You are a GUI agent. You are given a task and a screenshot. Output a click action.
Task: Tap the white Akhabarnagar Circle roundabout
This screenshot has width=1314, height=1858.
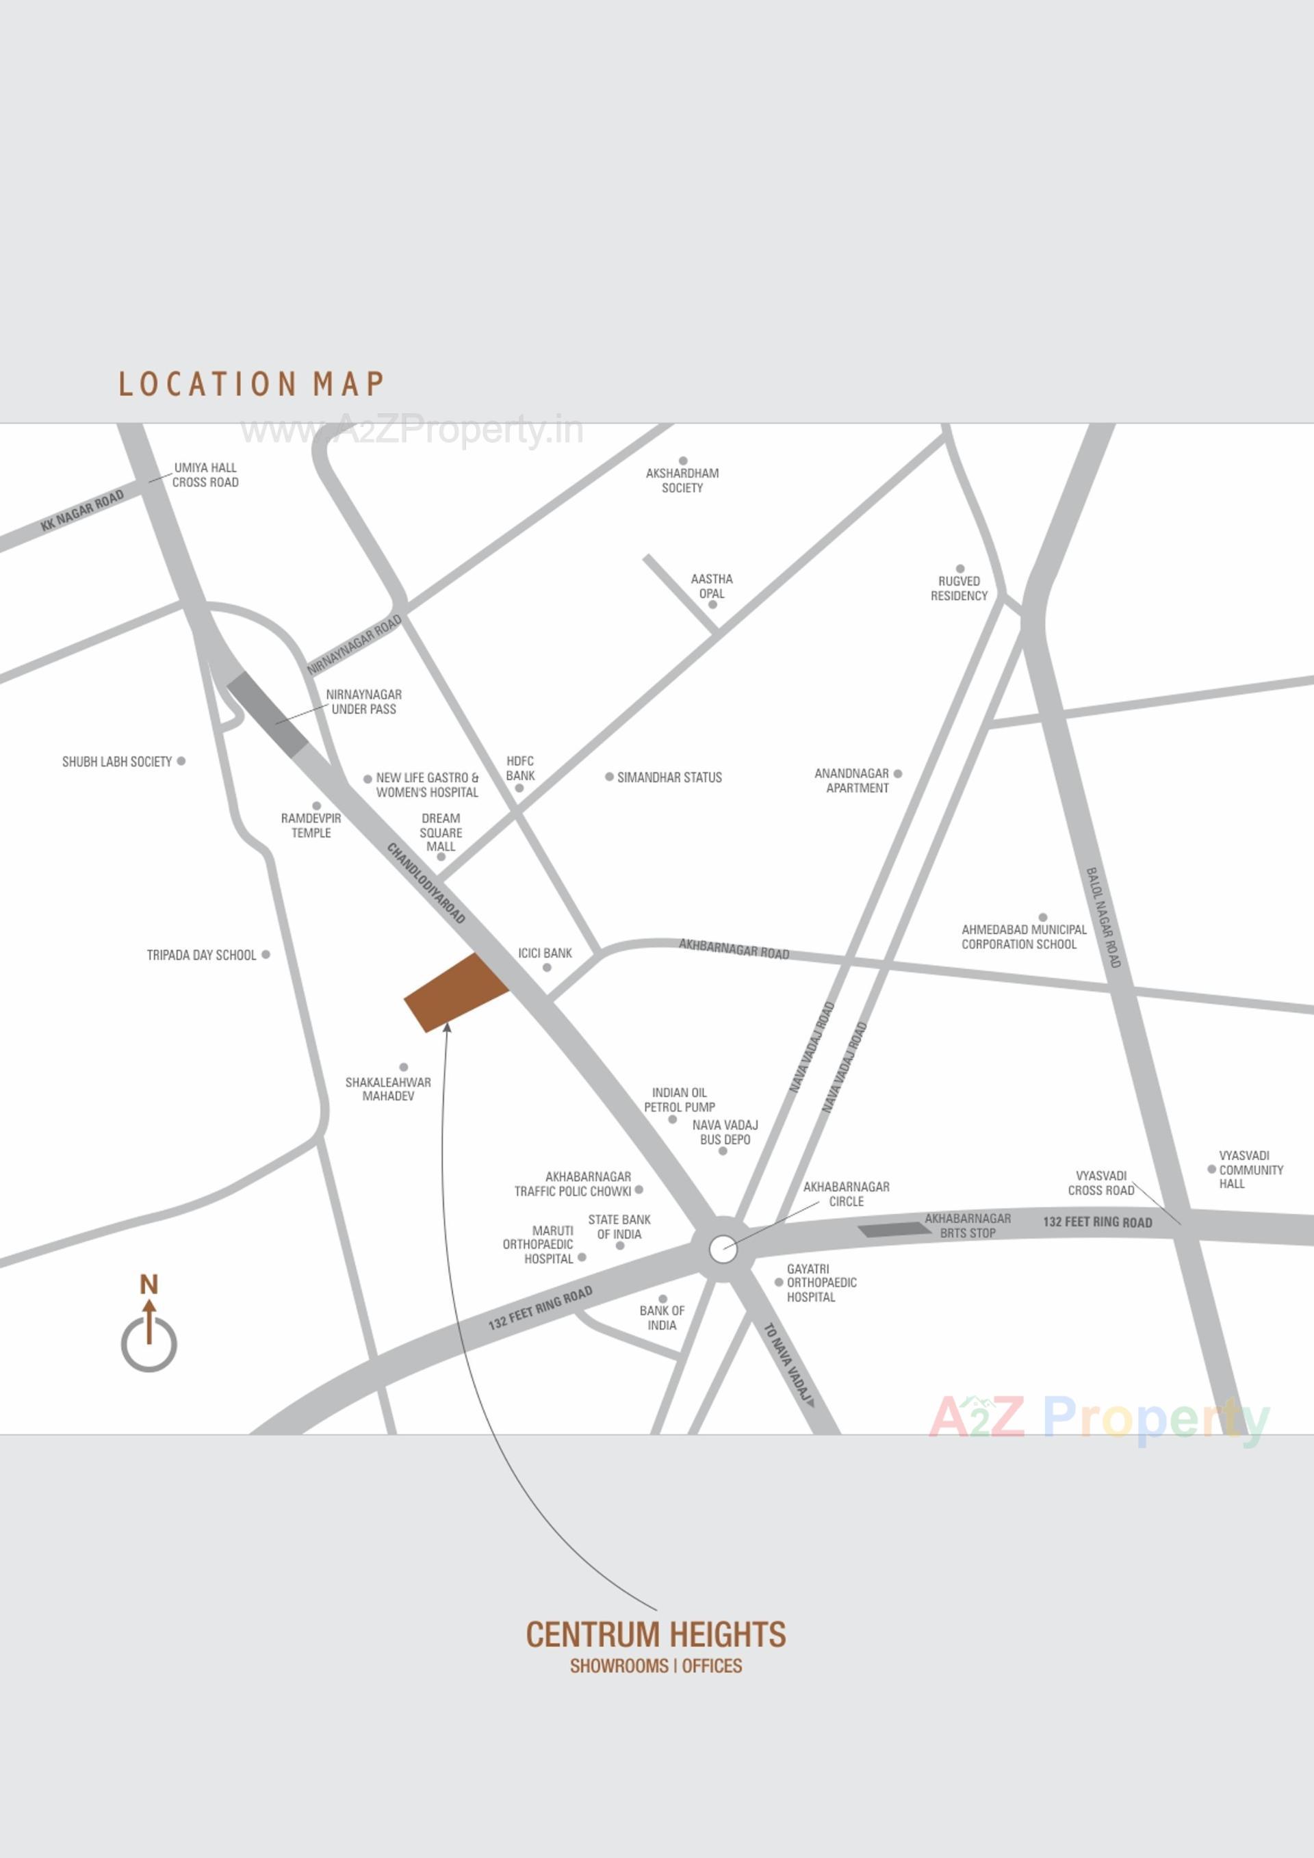click(x=723, y=1249)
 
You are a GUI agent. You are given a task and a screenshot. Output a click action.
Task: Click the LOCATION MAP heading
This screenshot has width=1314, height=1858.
click(x=252, y=384)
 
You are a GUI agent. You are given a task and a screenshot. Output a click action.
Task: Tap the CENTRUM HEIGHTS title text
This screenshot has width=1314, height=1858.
click(x=656, y=1635)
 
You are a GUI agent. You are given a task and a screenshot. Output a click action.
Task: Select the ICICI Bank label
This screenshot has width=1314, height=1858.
click(x=545, y=953)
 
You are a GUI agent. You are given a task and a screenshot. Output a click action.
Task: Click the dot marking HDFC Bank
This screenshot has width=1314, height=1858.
click(x=519, y=788)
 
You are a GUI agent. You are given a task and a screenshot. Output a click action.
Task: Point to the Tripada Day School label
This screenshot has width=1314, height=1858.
click(x=201, y=955)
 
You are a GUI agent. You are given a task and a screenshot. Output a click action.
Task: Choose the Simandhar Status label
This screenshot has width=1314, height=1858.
click(x=669, y=777)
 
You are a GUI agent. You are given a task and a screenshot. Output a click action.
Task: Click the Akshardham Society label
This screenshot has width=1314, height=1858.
click(x=682, y=480)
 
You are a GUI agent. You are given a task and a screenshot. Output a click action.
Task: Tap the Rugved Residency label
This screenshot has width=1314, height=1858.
click(x=959, y=589)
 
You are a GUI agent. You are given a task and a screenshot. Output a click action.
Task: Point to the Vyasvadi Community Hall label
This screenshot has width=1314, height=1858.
click(x=1251, y=1170)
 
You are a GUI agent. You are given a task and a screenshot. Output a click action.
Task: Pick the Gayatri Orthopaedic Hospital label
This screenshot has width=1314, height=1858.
click(x=821, y=1282)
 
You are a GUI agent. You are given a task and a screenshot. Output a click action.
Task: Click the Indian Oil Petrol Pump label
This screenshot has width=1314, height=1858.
click(x=680, y=1100)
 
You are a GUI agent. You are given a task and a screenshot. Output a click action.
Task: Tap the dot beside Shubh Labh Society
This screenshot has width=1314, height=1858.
click(x=181, y=761)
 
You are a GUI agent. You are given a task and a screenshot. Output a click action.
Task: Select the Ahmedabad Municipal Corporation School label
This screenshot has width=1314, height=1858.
click(x=1024, y=937)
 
